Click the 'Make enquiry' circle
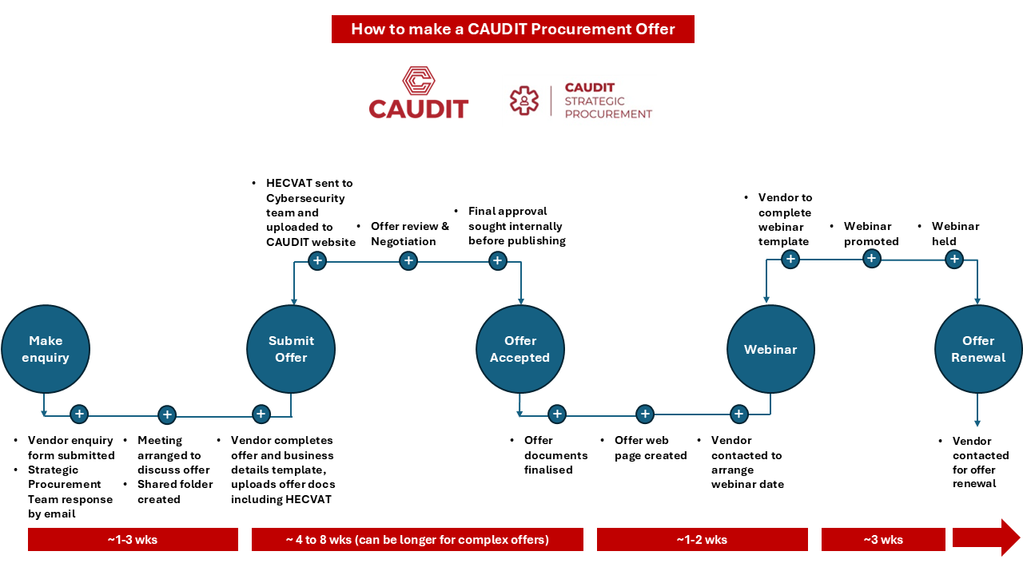pos(45,349)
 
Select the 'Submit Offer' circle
pos(291,349)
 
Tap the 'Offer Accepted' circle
pos(519,349)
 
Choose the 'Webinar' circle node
pos(770,349)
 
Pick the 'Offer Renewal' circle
pos(978,349)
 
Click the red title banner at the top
pos(512,30)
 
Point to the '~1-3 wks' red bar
pos(133,539)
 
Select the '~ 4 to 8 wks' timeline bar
pos(417,539)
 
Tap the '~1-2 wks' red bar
pos(702,539)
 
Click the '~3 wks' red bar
pos(883,539)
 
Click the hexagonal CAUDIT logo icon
pos(418,82)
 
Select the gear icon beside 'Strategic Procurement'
pos(524,101)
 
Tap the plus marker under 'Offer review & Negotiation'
pos(408,260)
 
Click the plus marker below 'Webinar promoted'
pos(872,258)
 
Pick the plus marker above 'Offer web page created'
pos(645,414)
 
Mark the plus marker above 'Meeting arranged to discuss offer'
pos(166,414)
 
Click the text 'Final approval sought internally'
pos(516,226)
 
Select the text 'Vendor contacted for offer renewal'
pos(981,462)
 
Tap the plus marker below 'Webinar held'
pos(953,259)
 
